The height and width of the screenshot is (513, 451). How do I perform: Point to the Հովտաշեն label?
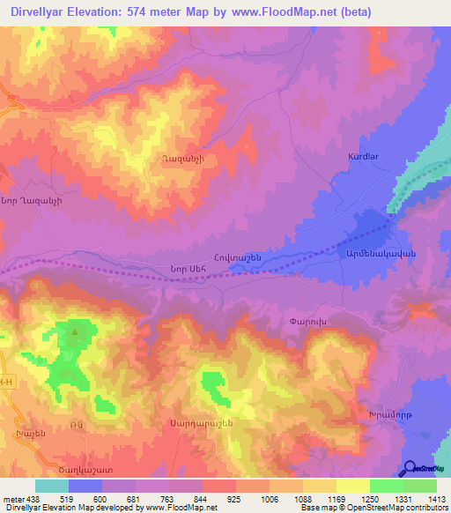pos(234,257)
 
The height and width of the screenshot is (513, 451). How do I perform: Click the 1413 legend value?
pos(437,498)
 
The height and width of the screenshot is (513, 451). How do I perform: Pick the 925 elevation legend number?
pos(236,498)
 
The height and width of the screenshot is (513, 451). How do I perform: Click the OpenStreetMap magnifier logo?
pos(410,468)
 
